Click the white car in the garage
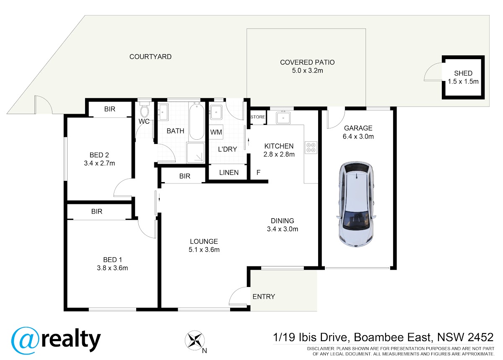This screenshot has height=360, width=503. coord(356,204)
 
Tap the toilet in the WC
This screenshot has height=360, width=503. coord(144,109)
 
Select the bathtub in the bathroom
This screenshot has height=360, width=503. coord(197,121)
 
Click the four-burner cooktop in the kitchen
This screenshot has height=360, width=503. coord(311,147)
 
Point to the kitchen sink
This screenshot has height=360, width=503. coord(283,117)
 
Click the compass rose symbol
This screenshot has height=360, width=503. coord(194,340)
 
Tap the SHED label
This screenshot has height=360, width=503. coord(463,73)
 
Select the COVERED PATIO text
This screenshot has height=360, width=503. coord(307,62)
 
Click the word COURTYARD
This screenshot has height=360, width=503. coord(150,57)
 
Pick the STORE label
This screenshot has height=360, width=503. coord(258,117)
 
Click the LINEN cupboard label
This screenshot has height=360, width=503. coord(229,172)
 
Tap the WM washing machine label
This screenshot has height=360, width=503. coord(216,132)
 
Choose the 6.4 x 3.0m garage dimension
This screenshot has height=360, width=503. coord(358,136)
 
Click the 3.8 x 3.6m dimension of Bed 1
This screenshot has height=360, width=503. coord(112,268)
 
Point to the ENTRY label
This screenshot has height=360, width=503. coord(264,297)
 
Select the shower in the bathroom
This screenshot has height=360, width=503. coord(196,152)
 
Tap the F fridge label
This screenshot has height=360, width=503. coord(259,172)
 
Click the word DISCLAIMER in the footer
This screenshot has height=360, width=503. coord(321,349)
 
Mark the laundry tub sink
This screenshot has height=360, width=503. coord(216,112)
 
